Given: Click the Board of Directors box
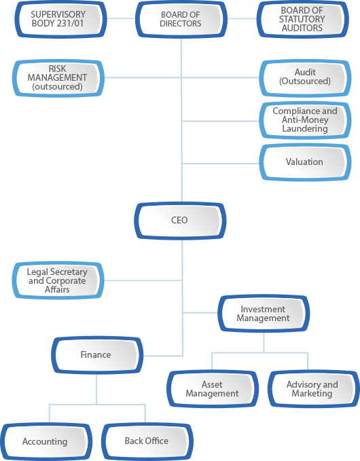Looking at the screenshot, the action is click(x=181, y=19).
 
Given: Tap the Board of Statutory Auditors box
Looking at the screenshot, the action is click(x=302, y=19).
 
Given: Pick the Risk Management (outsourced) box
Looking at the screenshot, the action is click(x=58, y=78).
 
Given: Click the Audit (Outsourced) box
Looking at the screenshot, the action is click(x=305, y=78).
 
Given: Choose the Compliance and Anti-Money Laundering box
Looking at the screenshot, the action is click(x=305, y=120).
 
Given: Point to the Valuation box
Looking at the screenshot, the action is click(x=305, y=162).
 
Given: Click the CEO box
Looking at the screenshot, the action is click(x=180, y=221).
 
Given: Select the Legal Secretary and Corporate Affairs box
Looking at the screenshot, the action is click(x=58, y=280).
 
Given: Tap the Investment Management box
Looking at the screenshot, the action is click(x=264, y=314).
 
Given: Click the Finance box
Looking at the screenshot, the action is click(x=97, y=355).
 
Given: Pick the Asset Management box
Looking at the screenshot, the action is click(x=213, y=388).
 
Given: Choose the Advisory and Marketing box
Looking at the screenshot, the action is click(x=314, y=388).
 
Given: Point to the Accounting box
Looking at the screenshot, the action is click(x=46, y=441).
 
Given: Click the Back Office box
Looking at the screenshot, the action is click(x=147, y=441).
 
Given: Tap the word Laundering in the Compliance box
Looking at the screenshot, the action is click(x=305, y=129).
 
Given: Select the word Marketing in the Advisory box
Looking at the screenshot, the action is click(x=312, y=393).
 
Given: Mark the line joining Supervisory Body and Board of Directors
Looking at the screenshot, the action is click(x=121, y=18).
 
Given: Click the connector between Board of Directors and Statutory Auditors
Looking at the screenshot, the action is click(x=242, y=18).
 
